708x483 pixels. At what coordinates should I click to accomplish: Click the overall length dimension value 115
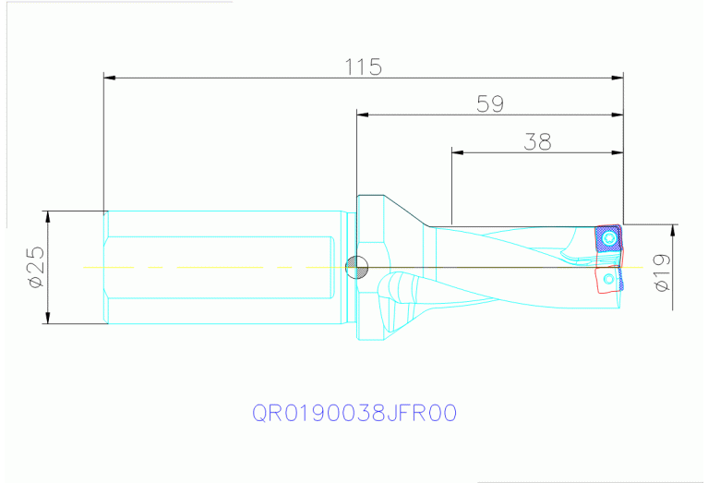[363, 66]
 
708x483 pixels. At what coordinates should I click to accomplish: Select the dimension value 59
[490, 103]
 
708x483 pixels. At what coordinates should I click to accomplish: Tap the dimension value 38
[537, 140]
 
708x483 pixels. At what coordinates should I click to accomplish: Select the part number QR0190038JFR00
[354, 412]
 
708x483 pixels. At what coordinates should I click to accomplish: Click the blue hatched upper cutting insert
[606, 238]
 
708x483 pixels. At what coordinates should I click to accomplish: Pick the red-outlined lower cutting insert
[608, 278]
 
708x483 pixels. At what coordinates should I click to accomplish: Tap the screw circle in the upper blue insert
[607, 239]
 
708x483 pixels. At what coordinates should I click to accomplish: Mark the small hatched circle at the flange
[354, 268]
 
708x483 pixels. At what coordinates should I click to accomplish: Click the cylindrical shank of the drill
[222, 268]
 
